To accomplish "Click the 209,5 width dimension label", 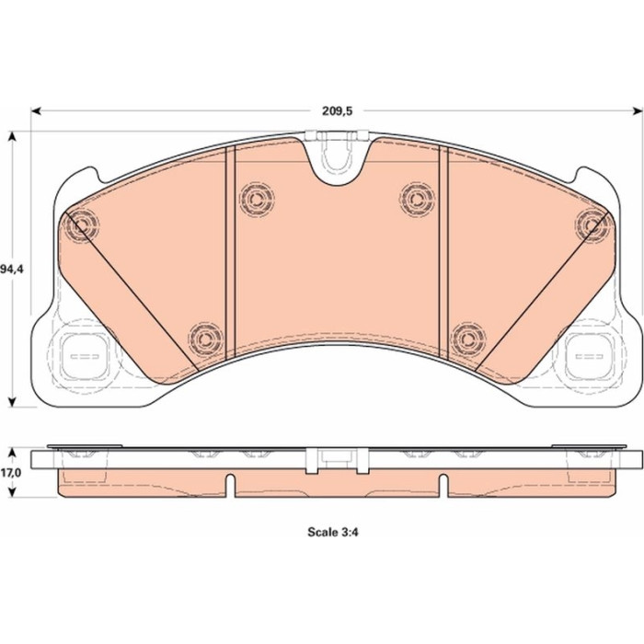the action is [x=338, y=111].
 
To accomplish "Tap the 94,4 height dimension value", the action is [x=12, y=270].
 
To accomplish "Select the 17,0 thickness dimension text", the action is [x=11, y=473].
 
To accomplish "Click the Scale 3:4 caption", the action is [x=333, y=533].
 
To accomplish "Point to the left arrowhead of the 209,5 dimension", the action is [x=36, y=111].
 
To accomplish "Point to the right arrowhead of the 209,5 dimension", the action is [x=637, y=110].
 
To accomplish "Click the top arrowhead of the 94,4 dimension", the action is [x=13, y=136].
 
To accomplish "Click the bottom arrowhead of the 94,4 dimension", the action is [x=13, y=402].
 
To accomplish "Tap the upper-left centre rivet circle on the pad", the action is [x=257, y=199].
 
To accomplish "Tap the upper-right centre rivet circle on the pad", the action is [x=417, y=199].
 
